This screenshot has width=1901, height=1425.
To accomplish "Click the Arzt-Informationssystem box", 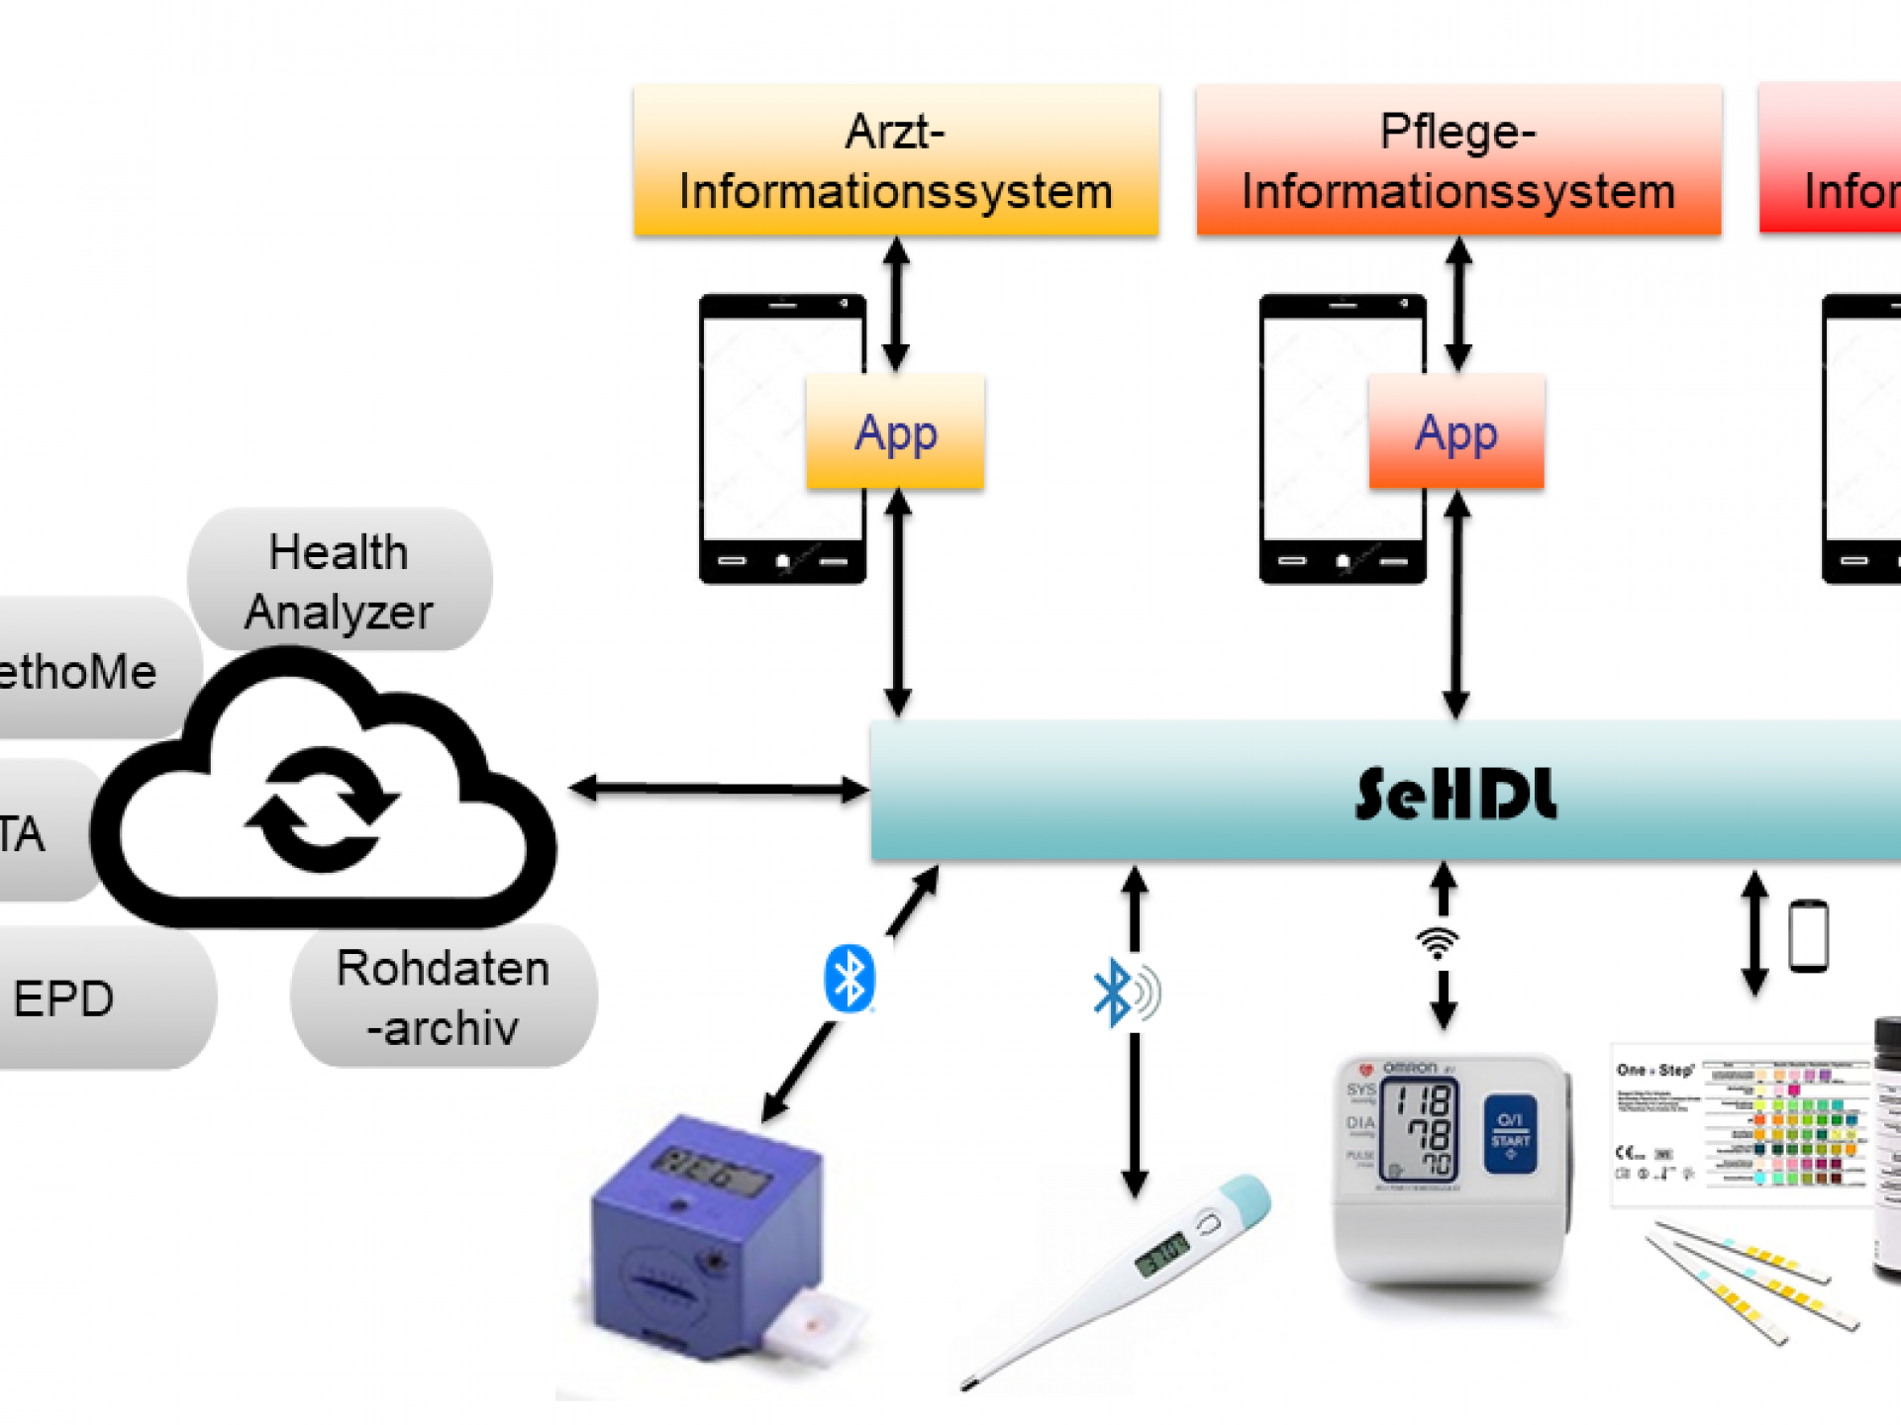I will click(896, 160).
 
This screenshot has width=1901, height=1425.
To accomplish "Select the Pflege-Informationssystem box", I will click(1457, 160).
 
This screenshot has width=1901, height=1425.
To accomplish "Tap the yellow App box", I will click(895, 431).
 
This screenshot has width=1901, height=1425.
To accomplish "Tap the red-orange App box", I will click(1455, 431).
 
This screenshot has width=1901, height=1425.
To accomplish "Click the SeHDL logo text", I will click(1455, 794).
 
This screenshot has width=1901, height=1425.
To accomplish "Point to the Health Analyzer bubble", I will click(339, 581).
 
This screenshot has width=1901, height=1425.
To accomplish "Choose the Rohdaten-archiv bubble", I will click(444, 997).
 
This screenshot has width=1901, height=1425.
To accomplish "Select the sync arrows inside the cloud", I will click(322, 809).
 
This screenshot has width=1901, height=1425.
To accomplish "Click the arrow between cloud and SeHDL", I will click(719, 789).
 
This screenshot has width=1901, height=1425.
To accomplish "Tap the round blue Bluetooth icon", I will click(849, 979).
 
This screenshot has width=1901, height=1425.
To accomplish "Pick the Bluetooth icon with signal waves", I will click(1125, 992).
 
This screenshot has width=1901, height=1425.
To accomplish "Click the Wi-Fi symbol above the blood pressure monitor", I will click(1438, 942).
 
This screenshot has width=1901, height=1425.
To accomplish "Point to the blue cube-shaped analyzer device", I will click(708, 1237).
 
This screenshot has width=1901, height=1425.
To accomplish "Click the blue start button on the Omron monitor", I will click(1510, 1133).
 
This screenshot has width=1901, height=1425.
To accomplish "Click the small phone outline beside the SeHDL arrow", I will click(1808, 935).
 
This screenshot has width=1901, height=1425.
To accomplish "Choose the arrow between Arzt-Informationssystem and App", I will click(896, 304).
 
